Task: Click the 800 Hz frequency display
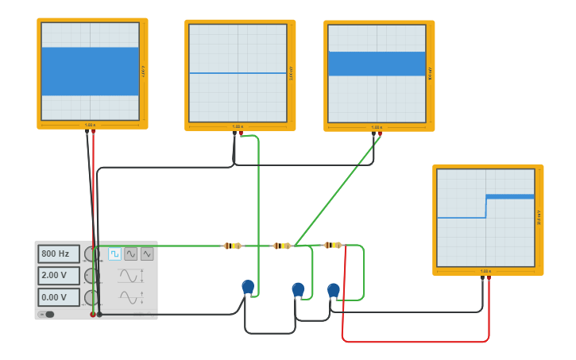(59, 254)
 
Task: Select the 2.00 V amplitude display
(59, 276)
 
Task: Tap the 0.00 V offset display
(59, 297)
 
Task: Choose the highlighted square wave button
(114, 254)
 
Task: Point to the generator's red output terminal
(93, 315)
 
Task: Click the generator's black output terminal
(99, 315)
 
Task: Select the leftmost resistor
(233, 246)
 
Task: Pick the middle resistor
(282, 246)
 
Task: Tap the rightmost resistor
(333, 245)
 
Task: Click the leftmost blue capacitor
(248, 286)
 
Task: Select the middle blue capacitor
(298, 289)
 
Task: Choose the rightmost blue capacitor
(334, 290)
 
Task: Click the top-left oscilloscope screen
(90, 72)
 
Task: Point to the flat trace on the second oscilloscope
(238, 73)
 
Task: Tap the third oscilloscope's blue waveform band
(377, 64)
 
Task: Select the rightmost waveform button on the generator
(147, 254)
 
